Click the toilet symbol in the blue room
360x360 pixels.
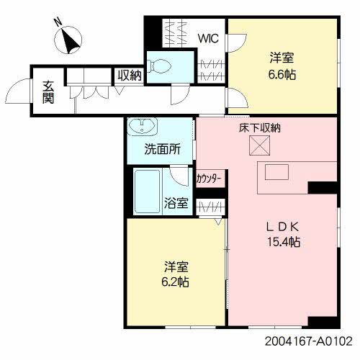pos(160,66)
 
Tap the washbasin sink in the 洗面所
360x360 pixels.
pos(143,127)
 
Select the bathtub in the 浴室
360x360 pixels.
pos(148,192)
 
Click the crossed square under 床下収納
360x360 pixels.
pos(260,145)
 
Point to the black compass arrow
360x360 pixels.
pos(70,40)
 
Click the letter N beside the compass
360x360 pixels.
pos(58,22)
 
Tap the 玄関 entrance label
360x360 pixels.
pos(48,92)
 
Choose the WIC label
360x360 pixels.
pos(208,38)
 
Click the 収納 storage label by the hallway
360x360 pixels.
pos(130,76)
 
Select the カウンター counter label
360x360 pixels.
pos(209,179)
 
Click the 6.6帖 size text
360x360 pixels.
pos(282,74)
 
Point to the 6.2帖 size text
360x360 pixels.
pos(175,282)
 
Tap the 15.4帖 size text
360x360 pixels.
pos(284,242)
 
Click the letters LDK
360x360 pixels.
pos(283,227)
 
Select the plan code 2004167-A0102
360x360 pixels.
pos(309,341)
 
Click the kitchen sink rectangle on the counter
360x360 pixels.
pos(276,172)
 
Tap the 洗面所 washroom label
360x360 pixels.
pos(163,150)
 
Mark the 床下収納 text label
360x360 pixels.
pos(260,128)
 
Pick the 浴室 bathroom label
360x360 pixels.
pos(176,203)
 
